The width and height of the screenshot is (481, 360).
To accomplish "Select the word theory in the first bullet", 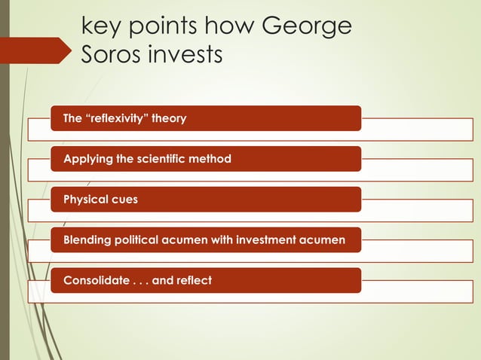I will click(169, 118).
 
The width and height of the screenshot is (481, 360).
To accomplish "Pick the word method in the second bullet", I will click(210, 159).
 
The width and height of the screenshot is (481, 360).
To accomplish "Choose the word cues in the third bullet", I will click(124, 200).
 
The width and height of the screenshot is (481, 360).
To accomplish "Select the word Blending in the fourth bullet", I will click(87, 240).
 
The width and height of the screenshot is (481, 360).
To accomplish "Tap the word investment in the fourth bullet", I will click(267, 240).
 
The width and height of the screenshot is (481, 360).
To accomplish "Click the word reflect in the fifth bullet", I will click(194, 281).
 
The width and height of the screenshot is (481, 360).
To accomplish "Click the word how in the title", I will click(229, 26).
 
